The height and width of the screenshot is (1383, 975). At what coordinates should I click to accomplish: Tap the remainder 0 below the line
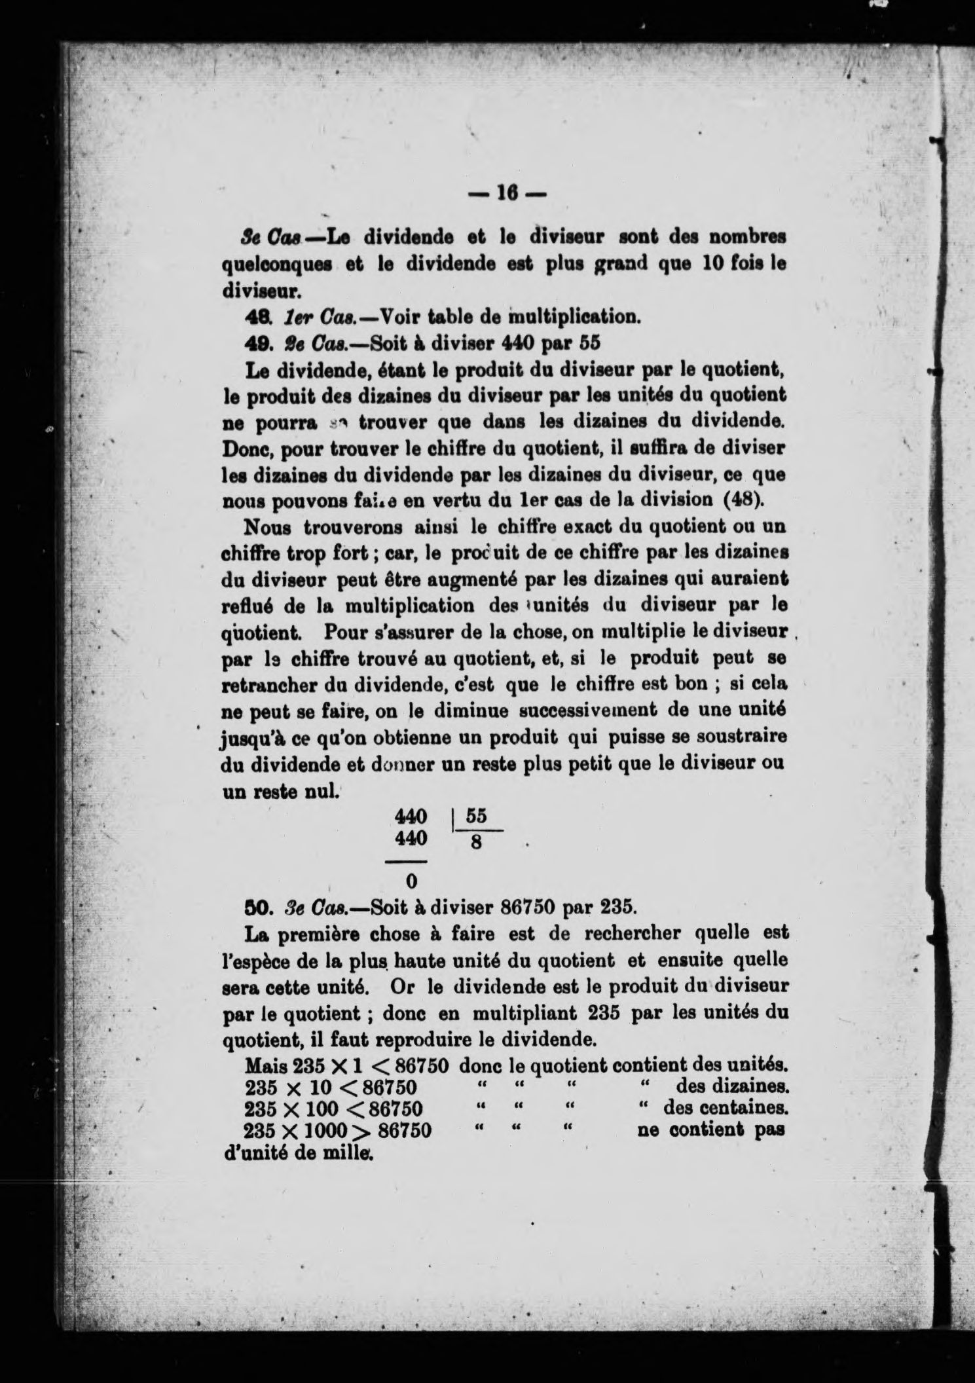tap(411, 881)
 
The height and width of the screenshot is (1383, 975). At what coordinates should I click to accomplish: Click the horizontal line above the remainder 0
tap(410, 861)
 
